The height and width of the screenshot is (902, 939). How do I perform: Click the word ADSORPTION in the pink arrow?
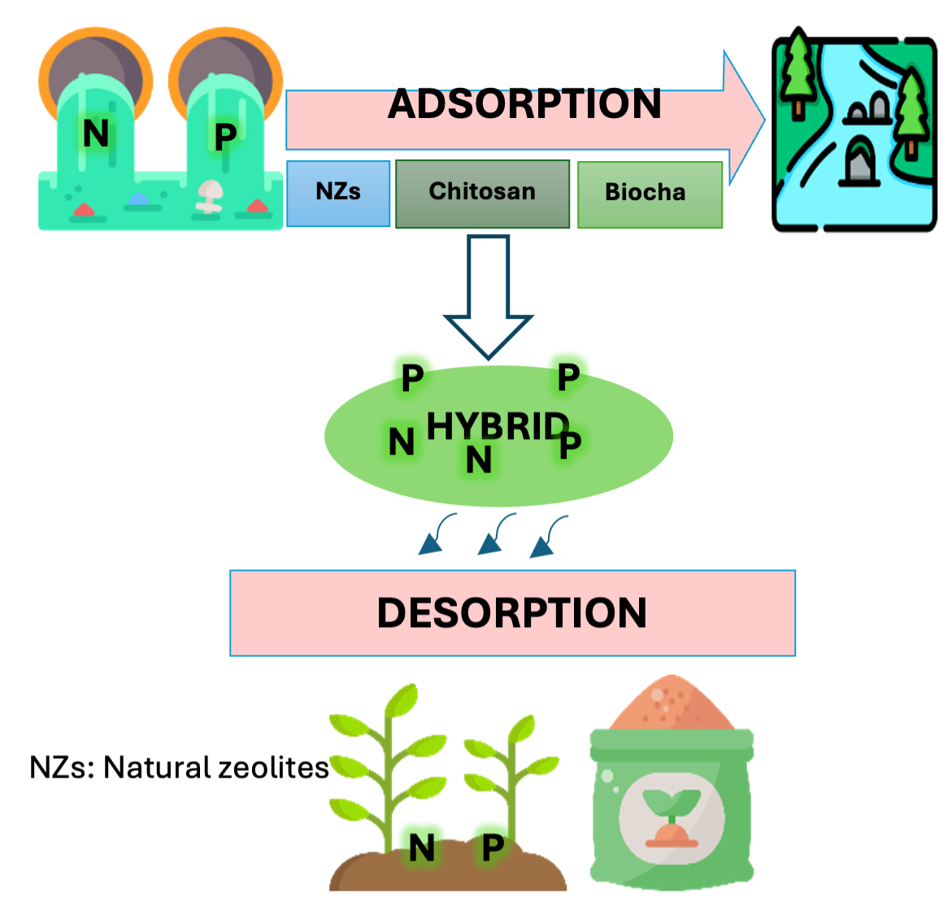(524, 104)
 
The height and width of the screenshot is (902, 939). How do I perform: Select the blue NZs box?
(338, 193)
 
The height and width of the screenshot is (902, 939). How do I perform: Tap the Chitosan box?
(482, 194)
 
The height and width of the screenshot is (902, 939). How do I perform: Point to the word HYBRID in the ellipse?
(497, 426)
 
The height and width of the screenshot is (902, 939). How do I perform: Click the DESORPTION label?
(512, 612)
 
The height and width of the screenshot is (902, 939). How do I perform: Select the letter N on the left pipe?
(96, 133)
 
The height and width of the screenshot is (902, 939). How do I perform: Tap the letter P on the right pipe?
(225, 136)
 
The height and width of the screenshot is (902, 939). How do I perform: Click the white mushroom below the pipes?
(210, 196)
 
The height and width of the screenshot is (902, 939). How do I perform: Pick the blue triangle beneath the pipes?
(140, 198)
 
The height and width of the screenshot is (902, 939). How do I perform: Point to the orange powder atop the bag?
(672, 703)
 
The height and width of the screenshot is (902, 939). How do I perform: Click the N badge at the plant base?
(421, 848)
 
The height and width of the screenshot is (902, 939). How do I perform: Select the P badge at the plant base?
(493, 847)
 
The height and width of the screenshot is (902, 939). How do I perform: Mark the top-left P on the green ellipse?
(412, 376)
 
